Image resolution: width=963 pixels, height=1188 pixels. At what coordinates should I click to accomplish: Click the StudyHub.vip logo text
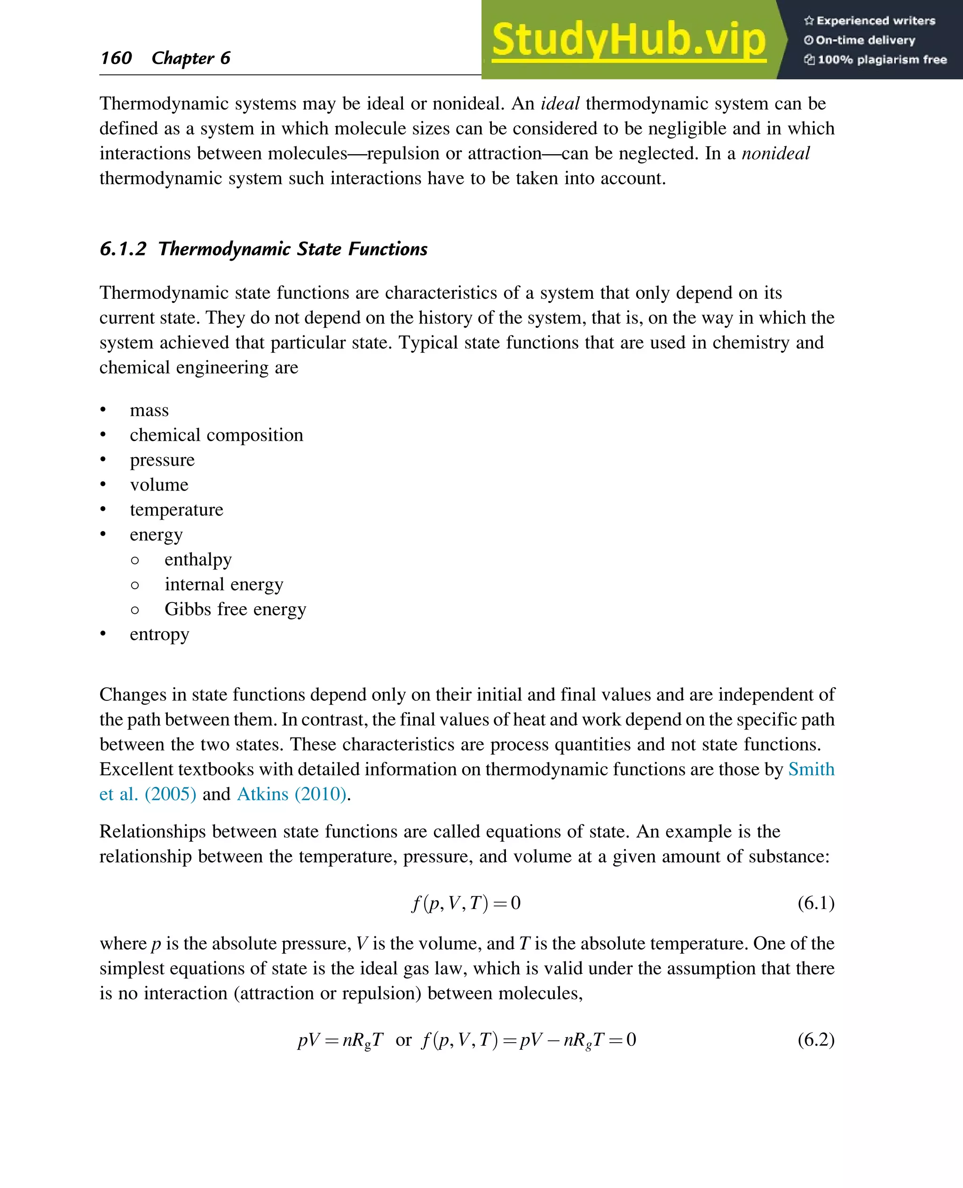pos(629,40)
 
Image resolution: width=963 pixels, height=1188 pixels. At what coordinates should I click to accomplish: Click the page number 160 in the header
pos(116,58)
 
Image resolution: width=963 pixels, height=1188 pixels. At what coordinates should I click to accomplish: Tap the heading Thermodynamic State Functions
pos(292,249)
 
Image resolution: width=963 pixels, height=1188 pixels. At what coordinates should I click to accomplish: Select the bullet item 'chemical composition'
pos(216,435)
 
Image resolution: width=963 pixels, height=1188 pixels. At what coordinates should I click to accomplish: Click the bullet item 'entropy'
pos(159,634)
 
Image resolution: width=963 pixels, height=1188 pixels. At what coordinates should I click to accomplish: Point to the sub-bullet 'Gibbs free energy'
pos(235,609)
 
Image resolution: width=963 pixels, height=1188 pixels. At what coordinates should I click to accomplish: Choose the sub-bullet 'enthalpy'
pos(198,559)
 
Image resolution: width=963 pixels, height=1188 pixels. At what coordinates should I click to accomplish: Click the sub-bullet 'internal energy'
pos(223,584)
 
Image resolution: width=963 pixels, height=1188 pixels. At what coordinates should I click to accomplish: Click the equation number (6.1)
pos(815,903)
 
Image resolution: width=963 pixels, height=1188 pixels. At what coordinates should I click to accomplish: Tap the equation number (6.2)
pos(815,1039)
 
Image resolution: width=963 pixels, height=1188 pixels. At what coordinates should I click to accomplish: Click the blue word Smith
pos(811,769)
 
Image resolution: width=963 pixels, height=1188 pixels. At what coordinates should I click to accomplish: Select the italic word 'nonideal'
pos(775,153)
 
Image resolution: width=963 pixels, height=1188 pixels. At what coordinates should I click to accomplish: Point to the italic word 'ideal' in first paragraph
pos(560,104)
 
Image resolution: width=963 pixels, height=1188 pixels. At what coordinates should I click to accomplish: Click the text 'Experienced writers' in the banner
pos(876,21)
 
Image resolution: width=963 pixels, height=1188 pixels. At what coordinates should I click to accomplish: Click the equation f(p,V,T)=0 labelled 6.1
pos(466,903)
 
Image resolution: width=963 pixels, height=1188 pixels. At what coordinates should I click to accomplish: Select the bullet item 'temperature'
pos(176,509)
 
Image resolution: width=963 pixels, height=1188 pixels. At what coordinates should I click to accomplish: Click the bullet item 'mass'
pos(149,410)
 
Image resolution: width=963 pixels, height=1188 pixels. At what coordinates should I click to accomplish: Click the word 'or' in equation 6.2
pos(403,1039)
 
